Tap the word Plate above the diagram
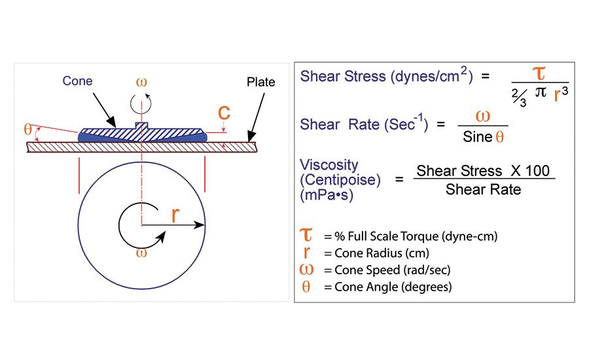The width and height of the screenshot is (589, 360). tap(261, 82)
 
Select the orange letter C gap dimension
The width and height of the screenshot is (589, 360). tap(224, 113)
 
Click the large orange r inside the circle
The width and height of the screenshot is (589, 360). tap(175, 215)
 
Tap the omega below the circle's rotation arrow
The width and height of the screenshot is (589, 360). tap(140, 253)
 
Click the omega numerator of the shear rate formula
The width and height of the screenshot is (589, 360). tap(482, 116)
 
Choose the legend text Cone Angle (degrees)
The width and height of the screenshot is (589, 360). tap(383, 287)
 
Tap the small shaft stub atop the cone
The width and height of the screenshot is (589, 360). tap(141, 125)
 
